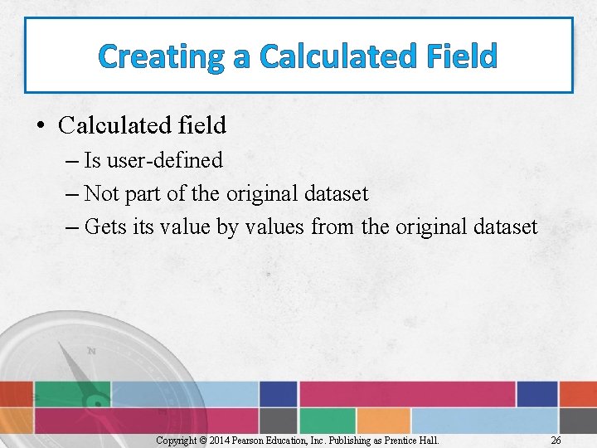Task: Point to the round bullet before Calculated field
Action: pyautogui.click(x=40, y=126)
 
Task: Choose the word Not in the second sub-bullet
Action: pyautogui.click(x=103, y=193)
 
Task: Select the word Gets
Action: pyautogui.click(x=106, y=226)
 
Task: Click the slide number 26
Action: pyautogui.click(x=556, y=440)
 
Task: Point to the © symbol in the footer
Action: pyautogui.click(x=202, y=440)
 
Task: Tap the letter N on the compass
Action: pyautogui.click(x=91, y=351)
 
